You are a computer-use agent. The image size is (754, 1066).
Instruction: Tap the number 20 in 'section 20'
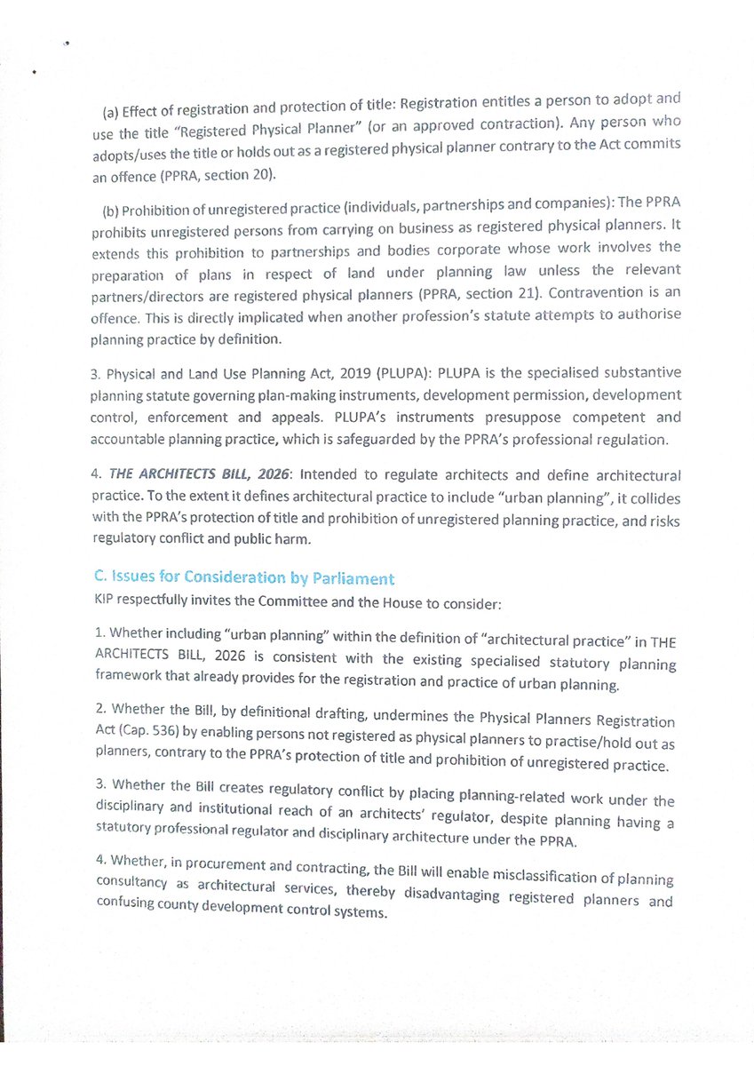263,174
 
